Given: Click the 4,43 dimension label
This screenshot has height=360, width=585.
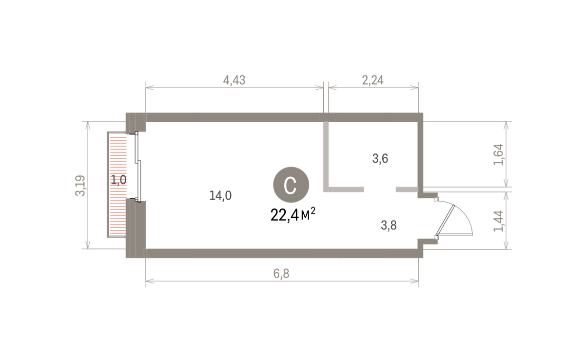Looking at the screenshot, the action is tap(234, 80).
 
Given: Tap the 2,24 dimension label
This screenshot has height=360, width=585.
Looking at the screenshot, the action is tap(372, 80).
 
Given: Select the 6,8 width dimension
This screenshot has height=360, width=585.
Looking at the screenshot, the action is tap(281, 274).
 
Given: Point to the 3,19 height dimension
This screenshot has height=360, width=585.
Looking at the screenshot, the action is tap(80, 185).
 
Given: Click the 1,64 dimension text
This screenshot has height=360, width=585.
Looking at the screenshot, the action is tap(498, 154).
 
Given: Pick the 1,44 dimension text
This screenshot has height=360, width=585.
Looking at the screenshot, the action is tap(498, 221).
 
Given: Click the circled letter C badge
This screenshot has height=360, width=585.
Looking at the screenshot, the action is tap(291, 185).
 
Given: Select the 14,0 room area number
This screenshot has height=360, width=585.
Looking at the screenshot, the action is tap(220, 195).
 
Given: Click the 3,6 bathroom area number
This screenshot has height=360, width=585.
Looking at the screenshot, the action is tap(380, 158).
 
